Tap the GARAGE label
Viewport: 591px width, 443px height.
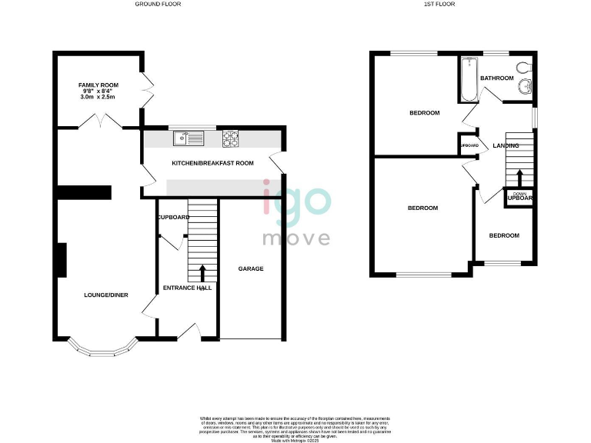coord(250,269)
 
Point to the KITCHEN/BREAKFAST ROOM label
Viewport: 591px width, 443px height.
coord(212,163)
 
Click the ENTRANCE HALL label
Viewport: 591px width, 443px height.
coord(186,288)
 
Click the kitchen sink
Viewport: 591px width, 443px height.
coord(189,138)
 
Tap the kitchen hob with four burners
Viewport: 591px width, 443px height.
coord(231,138)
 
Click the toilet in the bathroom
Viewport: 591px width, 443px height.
coord(525,66)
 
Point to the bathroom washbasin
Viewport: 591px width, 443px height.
coord(525,86)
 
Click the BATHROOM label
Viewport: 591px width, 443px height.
coord(496,78)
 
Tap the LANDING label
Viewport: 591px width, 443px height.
coord(506,145)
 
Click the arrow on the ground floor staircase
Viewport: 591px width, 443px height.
coord(203,273)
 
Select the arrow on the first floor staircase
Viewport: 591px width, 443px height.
coord(518,178)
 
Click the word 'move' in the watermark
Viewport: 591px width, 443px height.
coord(296,238)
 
